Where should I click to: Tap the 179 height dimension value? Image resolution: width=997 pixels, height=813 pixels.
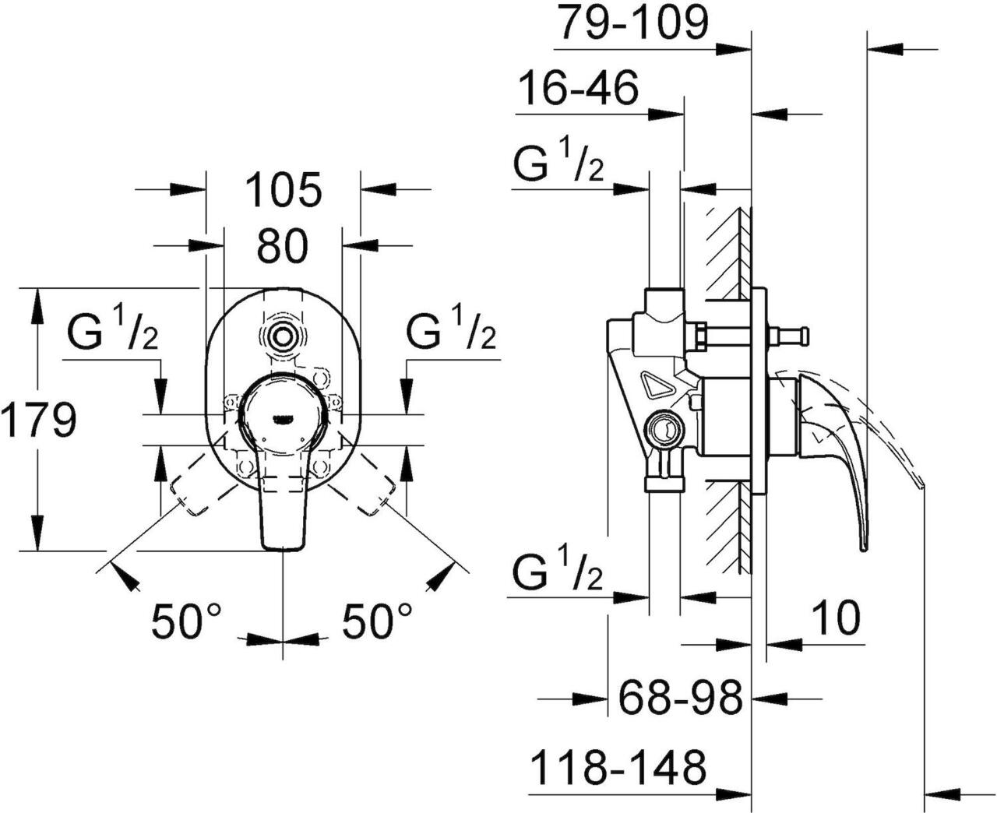pos(39,419)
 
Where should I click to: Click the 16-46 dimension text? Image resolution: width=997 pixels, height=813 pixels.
pos(578,89)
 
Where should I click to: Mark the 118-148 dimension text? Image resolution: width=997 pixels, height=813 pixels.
pos(618,767)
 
